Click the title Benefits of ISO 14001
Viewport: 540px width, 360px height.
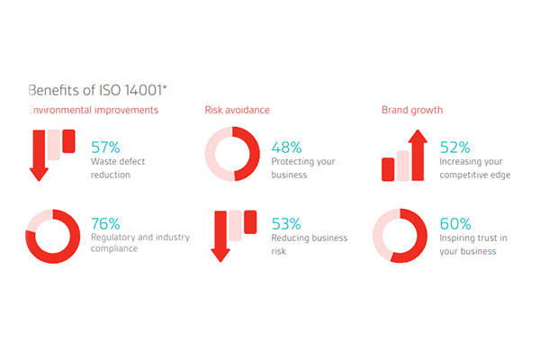pos(97,90)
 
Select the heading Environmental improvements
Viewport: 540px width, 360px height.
pos(94,110)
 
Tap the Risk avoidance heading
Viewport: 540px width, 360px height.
pos(237,110)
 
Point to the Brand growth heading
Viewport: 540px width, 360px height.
pos(412,110)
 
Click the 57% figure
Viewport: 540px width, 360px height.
pos(105,148)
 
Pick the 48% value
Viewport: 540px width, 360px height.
pos(286,148)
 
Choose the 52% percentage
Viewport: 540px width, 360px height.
pos(454,148)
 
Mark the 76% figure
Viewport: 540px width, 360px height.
pos(105,223)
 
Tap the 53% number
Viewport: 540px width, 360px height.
pos(286,223)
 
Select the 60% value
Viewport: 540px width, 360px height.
pos(455,223)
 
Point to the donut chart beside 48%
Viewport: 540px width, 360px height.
pos(254,154)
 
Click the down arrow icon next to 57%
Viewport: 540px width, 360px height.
pos(39,155)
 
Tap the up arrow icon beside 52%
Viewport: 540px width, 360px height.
pos(418,155)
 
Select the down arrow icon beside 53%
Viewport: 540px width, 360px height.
pos(220,236)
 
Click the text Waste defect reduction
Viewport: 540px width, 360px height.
pos(118,168)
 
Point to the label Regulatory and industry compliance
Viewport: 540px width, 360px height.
pos(140,243)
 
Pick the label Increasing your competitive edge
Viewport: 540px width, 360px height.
pos(475,168)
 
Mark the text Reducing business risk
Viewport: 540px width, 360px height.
pos(310,244)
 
